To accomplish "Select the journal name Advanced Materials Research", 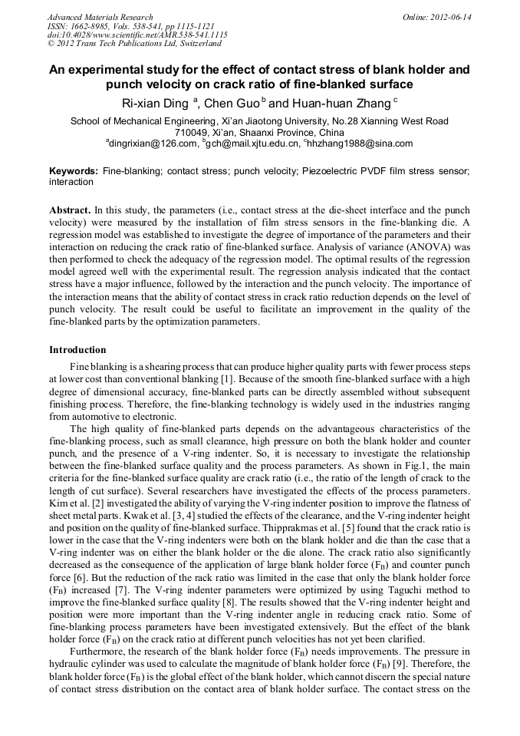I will coord(100,17).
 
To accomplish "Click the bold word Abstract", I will coord(70,210).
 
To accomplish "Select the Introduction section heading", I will coord(77,349).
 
